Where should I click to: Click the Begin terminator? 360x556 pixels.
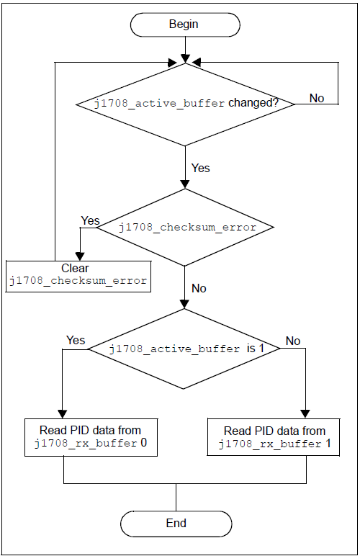tap(184, 24)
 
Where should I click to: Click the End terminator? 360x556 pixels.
tap(176, 523)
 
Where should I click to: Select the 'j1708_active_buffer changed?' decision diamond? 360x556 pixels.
tap(186, 104)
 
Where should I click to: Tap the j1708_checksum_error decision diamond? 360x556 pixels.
tap(186, 228)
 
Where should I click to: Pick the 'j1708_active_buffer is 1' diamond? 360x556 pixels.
tap(186, 349)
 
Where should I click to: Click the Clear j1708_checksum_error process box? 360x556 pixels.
tap(79, 274)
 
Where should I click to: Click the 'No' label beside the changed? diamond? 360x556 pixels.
tap(317, 98)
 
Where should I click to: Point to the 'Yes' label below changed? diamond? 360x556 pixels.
tap(200, 168)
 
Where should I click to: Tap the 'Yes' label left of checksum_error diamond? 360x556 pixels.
tap(90, 220)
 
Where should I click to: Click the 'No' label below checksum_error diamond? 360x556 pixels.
tap(199, 288)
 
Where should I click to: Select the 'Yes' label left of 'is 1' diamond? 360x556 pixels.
tap(76, 340)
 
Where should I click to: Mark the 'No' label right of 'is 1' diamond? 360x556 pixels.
tap(293, 341)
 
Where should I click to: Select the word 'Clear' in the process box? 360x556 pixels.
tap(75, 268)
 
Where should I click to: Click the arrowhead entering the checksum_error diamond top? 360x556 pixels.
tap(186, 184)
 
